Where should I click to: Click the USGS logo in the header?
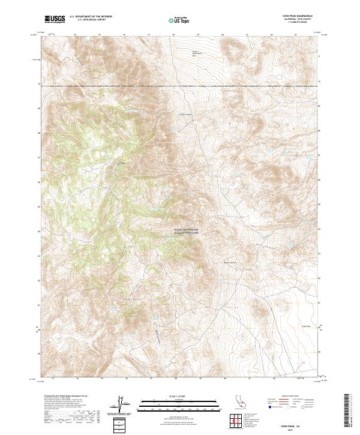click(53, 19)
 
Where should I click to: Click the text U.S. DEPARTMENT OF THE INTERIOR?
click(91, 17)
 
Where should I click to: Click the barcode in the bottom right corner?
click(348, 411)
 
